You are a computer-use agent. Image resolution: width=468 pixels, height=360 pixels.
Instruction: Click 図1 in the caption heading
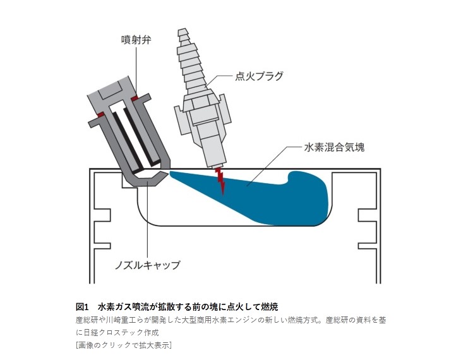(x=83, y=307)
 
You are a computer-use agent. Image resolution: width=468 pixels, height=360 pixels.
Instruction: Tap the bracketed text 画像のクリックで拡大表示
(x=123, y=344)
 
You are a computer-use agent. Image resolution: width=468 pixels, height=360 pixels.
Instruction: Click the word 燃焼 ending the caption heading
(x=270, y=307)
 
